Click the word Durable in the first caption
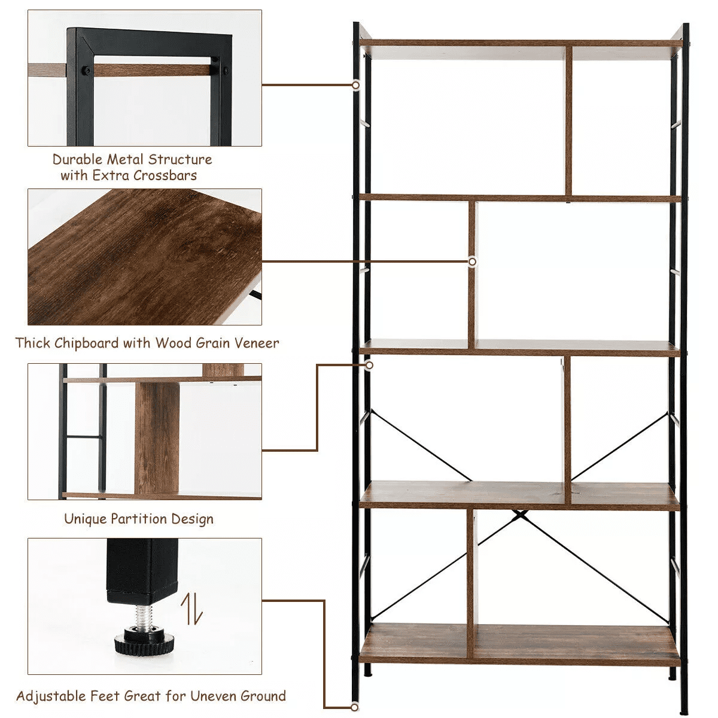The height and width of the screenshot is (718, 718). click(77, 159)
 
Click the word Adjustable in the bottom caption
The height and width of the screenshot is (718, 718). click(51, 696)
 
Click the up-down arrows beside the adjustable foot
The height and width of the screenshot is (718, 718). click(191, 609)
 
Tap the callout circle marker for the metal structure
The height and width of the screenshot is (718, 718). click(355, 86)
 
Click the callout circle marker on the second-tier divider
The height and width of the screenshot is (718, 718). click(472, 261)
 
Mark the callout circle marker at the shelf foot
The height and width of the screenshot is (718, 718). click(355, 708)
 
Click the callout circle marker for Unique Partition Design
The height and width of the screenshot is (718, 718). click(369, 364)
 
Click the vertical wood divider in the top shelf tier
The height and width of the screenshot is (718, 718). click(568, 120)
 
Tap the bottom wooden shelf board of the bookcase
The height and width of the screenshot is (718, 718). click(521, 643)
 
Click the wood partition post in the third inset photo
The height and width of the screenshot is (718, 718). click(157, 437)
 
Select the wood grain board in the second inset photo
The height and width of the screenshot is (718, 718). click(144, 257)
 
